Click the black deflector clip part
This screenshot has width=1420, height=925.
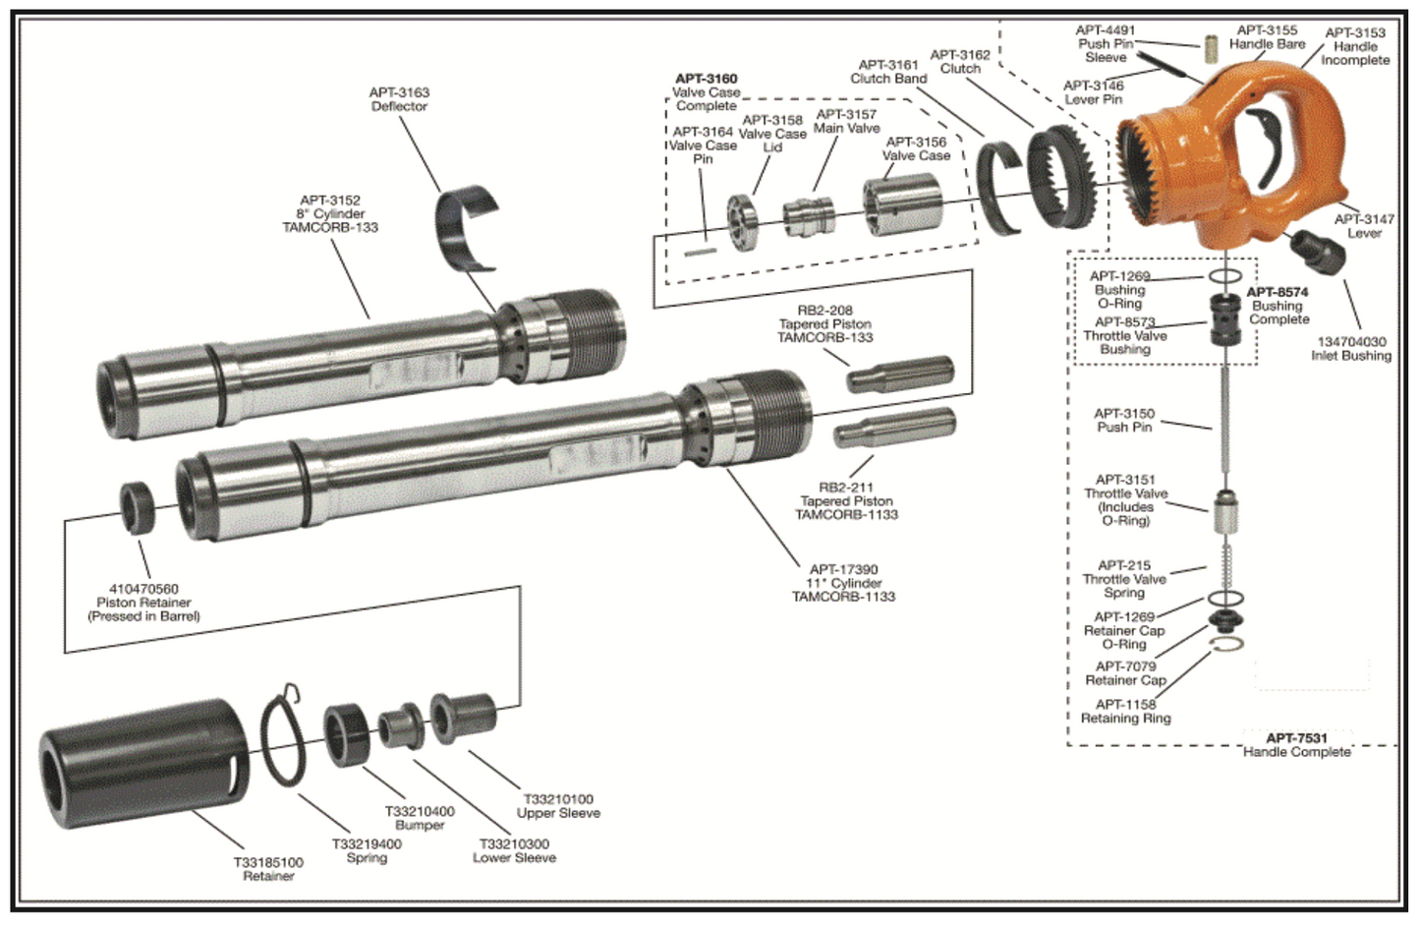coord(467,226)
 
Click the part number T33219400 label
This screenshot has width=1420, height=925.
coord(367,850)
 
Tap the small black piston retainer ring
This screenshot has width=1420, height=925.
coord(138,506)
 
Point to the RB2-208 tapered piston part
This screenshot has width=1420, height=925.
coord(900,375)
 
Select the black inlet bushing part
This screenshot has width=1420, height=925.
coord(1317,253)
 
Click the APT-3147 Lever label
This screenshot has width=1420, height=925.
coord(1364,226)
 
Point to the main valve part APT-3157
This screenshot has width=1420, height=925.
coord(809,216)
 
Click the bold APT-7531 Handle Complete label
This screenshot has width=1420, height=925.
coord(1296,744)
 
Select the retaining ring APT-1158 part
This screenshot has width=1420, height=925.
coord(1227,644)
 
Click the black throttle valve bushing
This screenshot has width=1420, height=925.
coord(1225,318)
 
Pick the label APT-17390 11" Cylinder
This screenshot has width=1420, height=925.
coord(843,583)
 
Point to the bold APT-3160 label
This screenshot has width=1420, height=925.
coord(706,79)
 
